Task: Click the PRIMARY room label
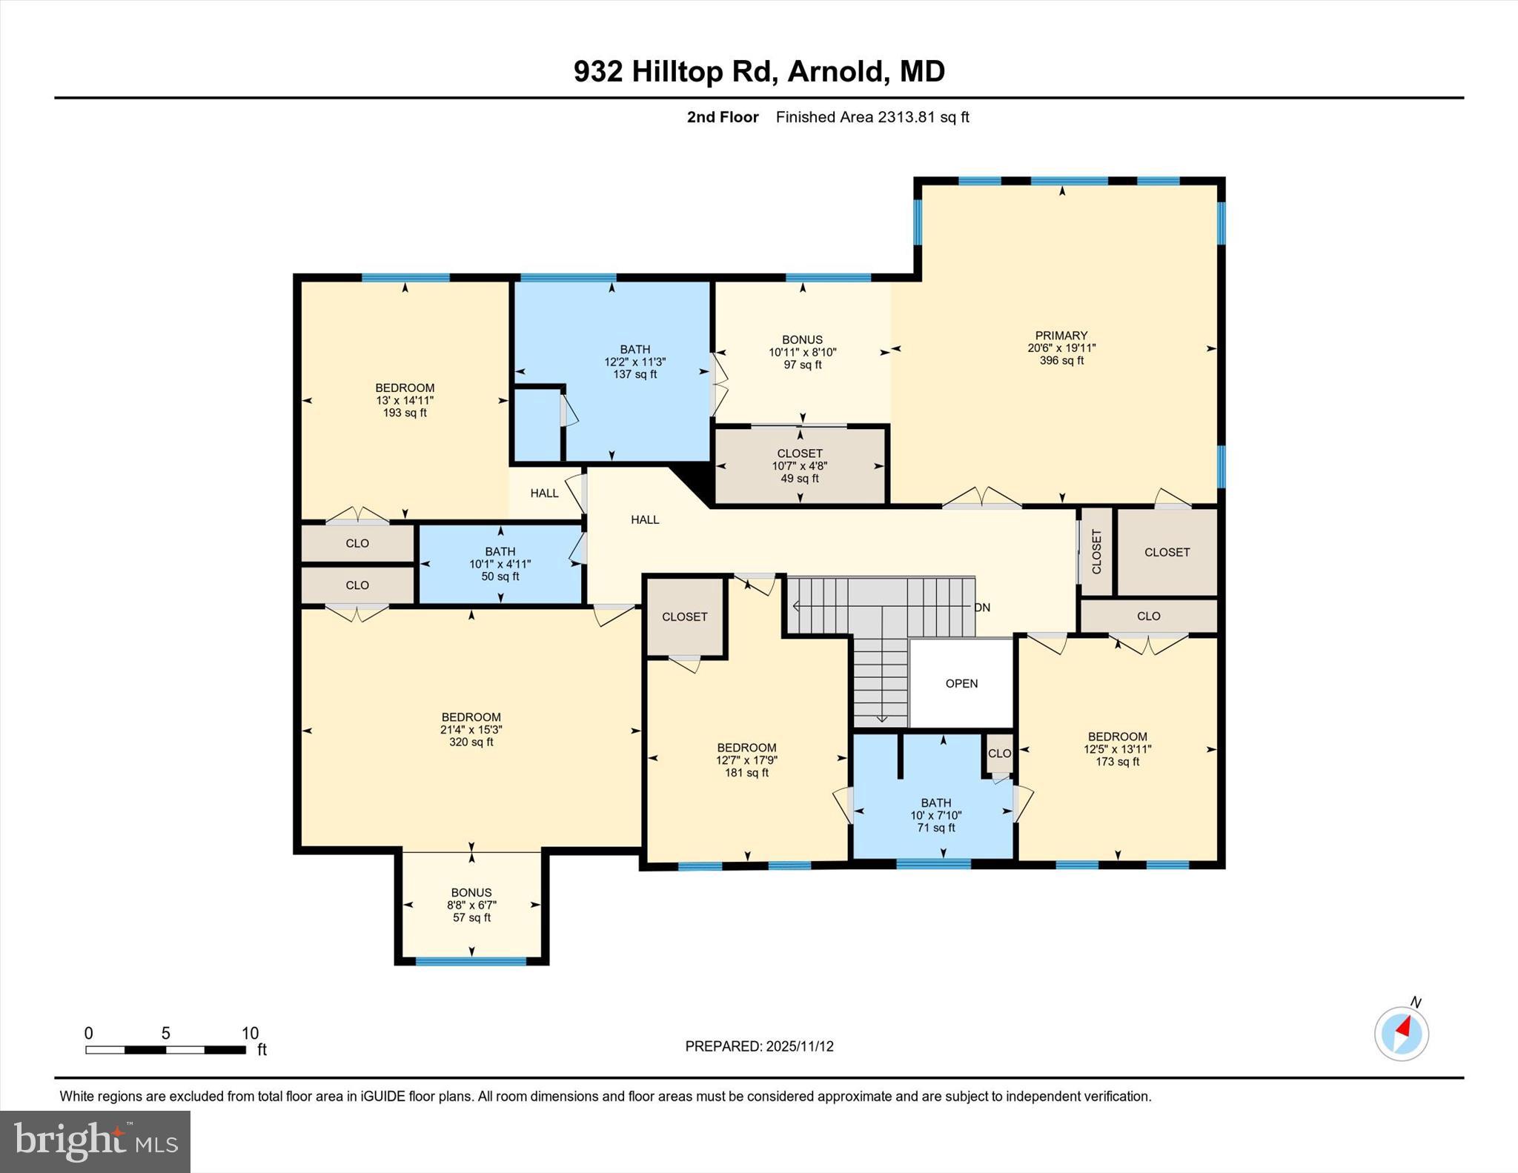[x=1061, y=336]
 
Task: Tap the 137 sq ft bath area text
[x=634, y=375]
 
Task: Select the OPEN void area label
[x=961, y=684]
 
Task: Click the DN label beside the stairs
[x=982, y=608]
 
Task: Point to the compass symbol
[x=1401, y=1034]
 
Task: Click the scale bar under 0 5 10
[x=165, y=1049]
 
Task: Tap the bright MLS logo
[x=95, y=1141]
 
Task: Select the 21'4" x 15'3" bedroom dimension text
[x=471, y=730]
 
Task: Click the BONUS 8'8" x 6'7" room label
[x=471, y=893]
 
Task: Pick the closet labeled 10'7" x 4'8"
[x=800, y=466]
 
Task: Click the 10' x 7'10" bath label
[x=935, y=815]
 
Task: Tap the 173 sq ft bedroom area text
[x=1117, y=762]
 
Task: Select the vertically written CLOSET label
[x=1096, y=552]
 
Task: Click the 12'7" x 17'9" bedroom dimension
[x=746, y=760]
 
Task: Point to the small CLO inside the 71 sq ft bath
[x=999, y=754]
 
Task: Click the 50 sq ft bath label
[x=500, y=576]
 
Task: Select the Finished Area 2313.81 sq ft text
[x=872, y=117]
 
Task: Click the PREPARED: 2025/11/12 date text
[x=759, y=1046]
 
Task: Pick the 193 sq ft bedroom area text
[x=405, y=413]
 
